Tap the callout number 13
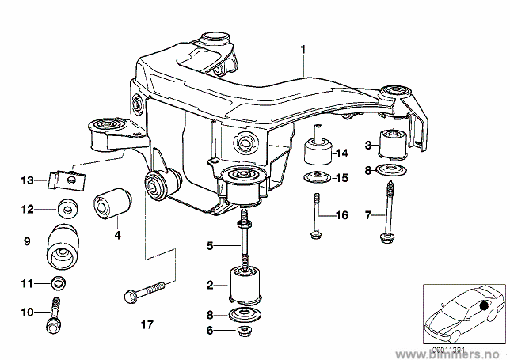[x=27, y=180]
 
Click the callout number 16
[x=341, y=215]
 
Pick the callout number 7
[x=367, y=215]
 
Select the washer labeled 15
[x=318, y=177]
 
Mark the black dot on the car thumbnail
[x=484, y=305]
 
